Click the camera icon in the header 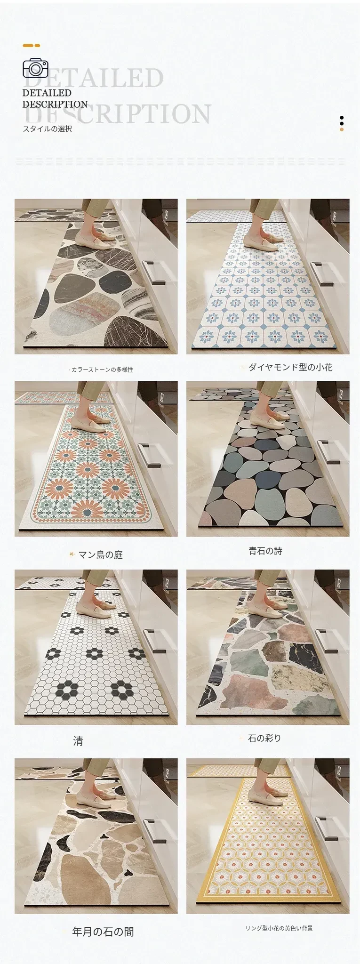pyautogui.click(x=35, y=68)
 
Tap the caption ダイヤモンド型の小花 pyautogui.click(x=290, y=367)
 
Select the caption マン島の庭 pyautogui.click(x=100, y=555)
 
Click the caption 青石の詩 pyautogui.click(x=265, y=551)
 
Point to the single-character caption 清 pyautogui.click(x=78, y=741)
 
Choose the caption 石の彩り pyautogui.click(x=264, y=738)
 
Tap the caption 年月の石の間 pyautogui.click(x=103, y=932)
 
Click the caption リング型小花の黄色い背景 pyautogui.click(x=279, y=929)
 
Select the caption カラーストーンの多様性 pyautogui.click(x=101, y=370)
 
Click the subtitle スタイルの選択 pyautogui.click(x=48, y=129)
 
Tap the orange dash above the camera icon pyautogui.click(x=31, y=46)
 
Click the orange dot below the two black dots pyautogui.click(x=342, y=129)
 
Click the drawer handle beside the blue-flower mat pyautogui.click(x=322, y=273)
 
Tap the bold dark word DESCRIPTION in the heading pyautogui.click(x=55, y=104)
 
